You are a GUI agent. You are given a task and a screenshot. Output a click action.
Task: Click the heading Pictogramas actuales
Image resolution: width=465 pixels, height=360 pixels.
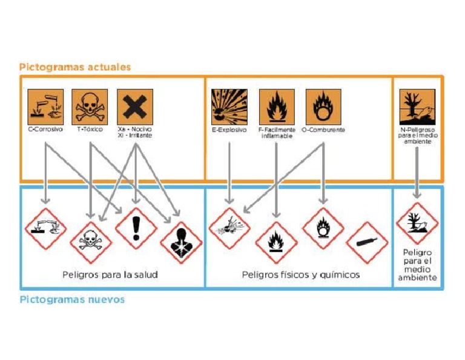pos(75,67)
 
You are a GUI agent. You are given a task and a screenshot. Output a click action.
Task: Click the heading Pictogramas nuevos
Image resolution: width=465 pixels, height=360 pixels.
pos(72,299)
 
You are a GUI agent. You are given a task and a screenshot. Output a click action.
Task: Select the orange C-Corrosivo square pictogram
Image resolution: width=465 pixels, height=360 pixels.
pos(45,107)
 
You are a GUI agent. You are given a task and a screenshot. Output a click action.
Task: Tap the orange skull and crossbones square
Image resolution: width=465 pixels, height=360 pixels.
pos(90,107)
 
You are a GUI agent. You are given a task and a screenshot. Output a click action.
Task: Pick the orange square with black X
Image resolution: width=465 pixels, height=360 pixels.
pos(135,107)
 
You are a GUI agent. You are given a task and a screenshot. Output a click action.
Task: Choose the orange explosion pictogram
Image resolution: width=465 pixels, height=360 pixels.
pos(229,107)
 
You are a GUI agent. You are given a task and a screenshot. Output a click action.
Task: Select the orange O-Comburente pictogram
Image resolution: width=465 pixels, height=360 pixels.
pos(323,107)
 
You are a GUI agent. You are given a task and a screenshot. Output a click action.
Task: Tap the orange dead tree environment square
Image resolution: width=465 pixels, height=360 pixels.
pos(417,107)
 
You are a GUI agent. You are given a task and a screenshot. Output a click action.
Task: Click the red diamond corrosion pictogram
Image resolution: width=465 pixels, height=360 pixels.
pos(45,228)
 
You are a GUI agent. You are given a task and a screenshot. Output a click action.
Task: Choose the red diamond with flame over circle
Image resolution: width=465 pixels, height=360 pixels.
pos(322,228)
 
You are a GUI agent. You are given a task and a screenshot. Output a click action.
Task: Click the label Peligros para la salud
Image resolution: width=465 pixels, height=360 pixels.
pos(110,275)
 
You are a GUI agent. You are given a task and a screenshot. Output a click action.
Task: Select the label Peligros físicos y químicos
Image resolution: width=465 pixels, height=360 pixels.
pos(301,275)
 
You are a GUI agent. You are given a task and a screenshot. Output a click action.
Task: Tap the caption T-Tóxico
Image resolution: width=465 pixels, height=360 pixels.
pos(90,130)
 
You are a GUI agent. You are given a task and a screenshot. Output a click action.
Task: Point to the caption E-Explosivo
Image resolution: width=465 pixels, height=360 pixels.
pos(229,130)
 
